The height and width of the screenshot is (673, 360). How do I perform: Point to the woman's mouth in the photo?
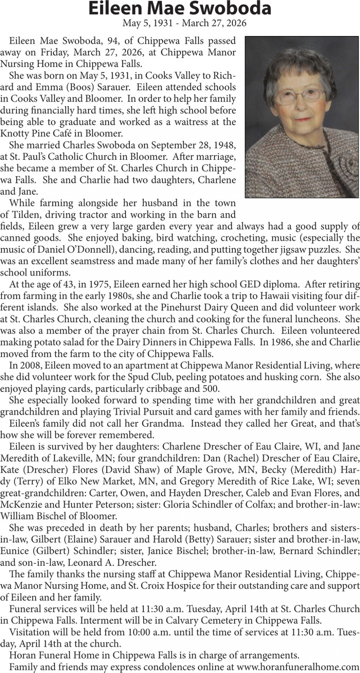point(302,119)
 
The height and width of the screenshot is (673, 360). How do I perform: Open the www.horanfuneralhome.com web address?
point(298,667)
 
